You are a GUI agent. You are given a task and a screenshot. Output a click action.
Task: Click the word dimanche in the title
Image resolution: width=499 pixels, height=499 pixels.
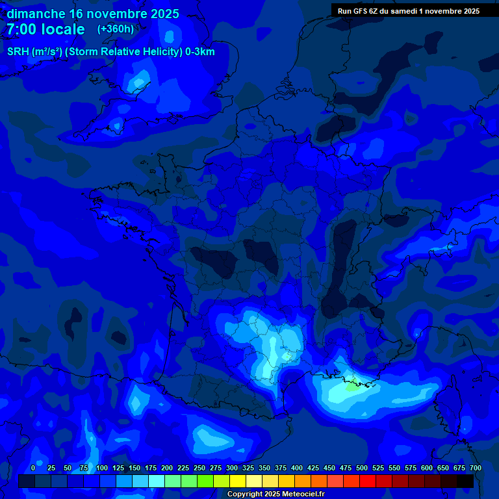[x=36, y=14]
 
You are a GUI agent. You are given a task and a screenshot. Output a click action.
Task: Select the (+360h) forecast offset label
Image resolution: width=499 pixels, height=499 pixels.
[x=116, y=29]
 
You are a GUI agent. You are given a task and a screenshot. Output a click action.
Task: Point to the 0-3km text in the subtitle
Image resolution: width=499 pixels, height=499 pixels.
[x=199, y=52]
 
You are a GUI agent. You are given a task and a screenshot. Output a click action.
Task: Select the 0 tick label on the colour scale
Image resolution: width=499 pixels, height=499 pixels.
[x=33, y=468]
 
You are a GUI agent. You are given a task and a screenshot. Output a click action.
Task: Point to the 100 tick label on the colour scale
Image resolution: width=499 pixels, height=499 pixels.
[x=102, y=468]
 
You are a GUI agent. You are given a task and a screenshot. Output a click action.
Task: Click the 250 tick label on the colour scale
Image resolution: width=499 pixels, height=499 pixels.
[x=199, y=468]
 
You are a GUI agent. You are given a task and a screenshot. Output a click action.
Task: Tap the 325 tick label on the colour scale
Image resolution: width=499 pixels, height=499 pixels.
[x=248, y=468]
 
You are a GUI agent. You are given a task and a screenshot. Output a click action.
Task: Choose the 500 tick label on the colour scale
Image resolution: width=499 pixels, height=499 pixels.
[x=362, y=468]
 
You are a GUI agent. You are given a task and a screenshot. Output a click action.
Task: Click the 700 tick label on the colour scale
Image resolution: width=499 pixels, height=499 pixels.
[x=476, y=468]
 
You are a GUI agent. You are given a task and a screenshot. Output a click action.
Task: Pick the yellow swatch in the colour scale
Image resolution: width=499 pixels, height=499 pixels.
[x=238, y=481]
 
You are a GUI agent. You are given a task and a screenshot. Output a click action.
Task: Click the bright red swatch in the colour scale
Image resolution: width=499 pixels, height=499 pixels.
[x=368, y=481]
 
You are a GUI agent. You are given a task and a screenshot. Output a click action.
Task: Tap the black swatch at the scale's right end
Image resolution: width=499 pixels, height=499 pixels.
[x=465, y=481]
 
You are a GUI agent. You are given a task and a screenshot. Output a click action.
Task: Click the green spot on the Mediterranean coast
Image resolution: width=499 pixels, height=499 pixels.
[x=352, y=384]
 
